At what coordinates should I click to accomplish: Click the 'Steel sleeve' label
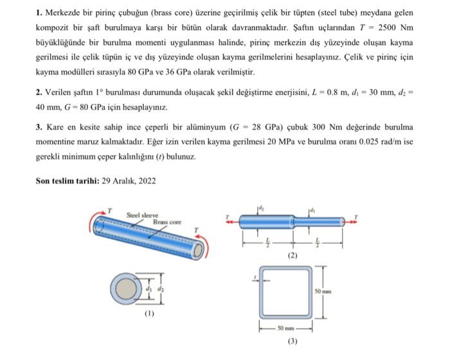[142, 215]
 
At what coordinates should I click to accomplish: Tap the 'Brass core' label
[167, 222]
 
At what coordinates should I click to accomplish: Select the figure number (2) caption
[292, 255]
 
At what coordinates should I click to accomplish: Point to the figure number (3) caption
[292, 341]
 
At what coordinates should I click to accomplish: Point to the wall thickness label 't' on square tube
[256, 278]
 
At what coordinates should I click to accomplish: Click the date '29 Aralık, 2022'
[129, 181]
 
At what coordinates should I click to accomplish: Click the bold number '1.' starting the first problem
[39, 13]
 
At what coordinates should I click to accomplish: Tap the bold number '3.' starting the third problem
[39, 127]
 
